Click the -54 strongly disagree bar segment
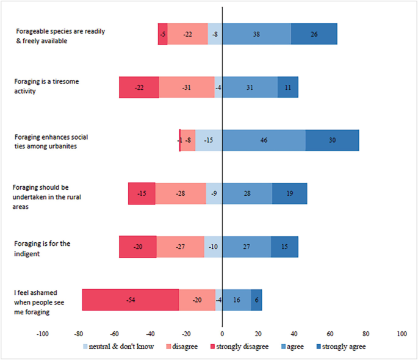(x=131, y=300)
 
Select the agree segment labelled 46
(x=264, y=140)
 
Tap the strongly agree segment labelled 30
(x=332, y=140)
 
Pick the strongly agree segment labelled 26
(x=314, y=34)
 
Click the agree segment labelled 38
(x=256, y=34)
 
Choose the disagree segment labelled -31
(x=187, y=87)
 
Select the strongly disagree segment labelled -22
(x=139, y=87)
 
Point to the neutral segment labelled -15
(x=209, y=140)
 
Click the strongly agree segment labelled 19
(x=289, y=193)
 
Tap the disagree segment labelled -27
(x=181, y=247)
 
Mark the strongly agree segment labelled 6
(x=256, y=300)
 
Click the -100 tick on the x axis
(x=43, y=334)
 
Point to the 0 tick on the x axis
(x=222, y=334)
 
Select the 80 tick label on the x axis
(x=366, y=334)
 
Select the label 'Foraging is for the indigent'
(x=42, y=248)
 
